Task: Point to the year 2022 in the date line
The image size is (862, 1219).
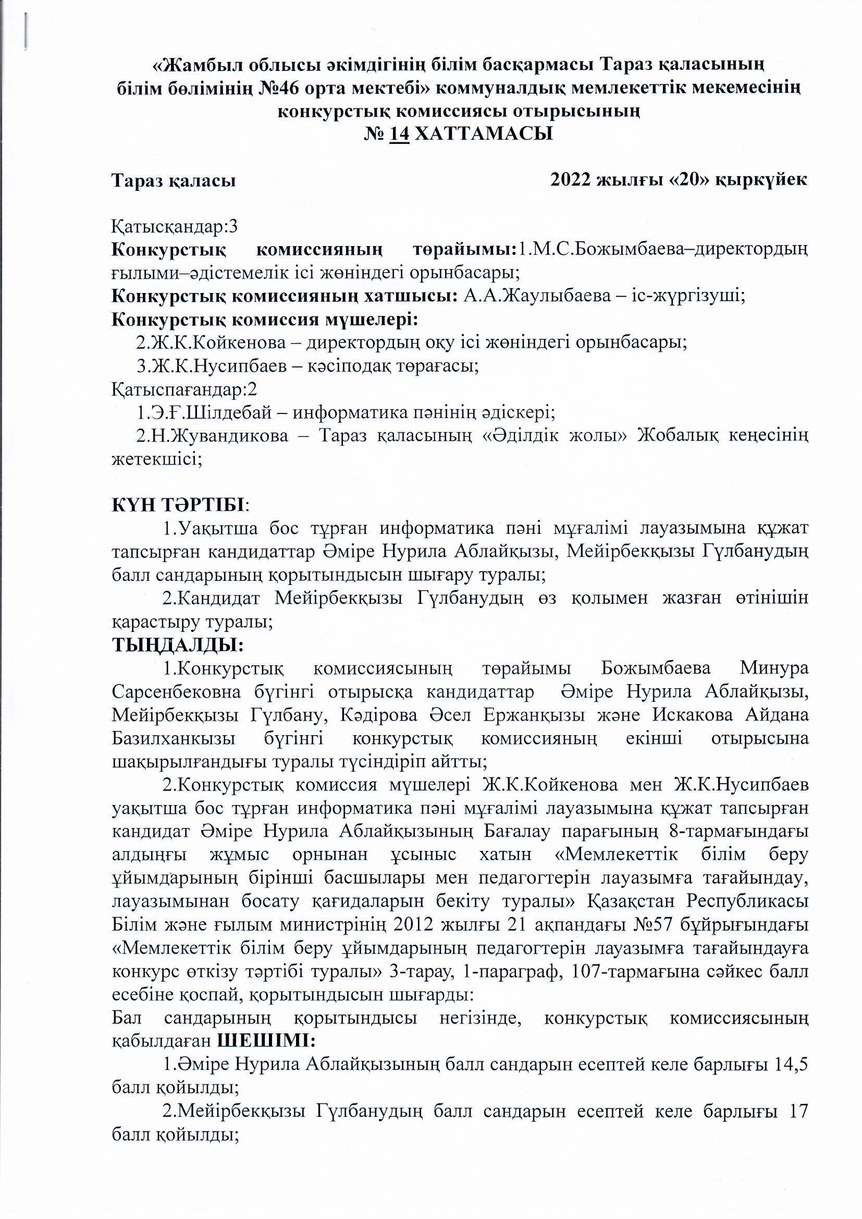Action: click(571, 180)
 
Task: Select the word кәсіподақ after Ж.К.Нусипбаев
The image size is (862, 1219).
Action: click(350, 367)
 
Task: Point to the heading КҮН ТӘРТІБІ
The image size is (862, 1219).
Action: click(177, 504)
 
